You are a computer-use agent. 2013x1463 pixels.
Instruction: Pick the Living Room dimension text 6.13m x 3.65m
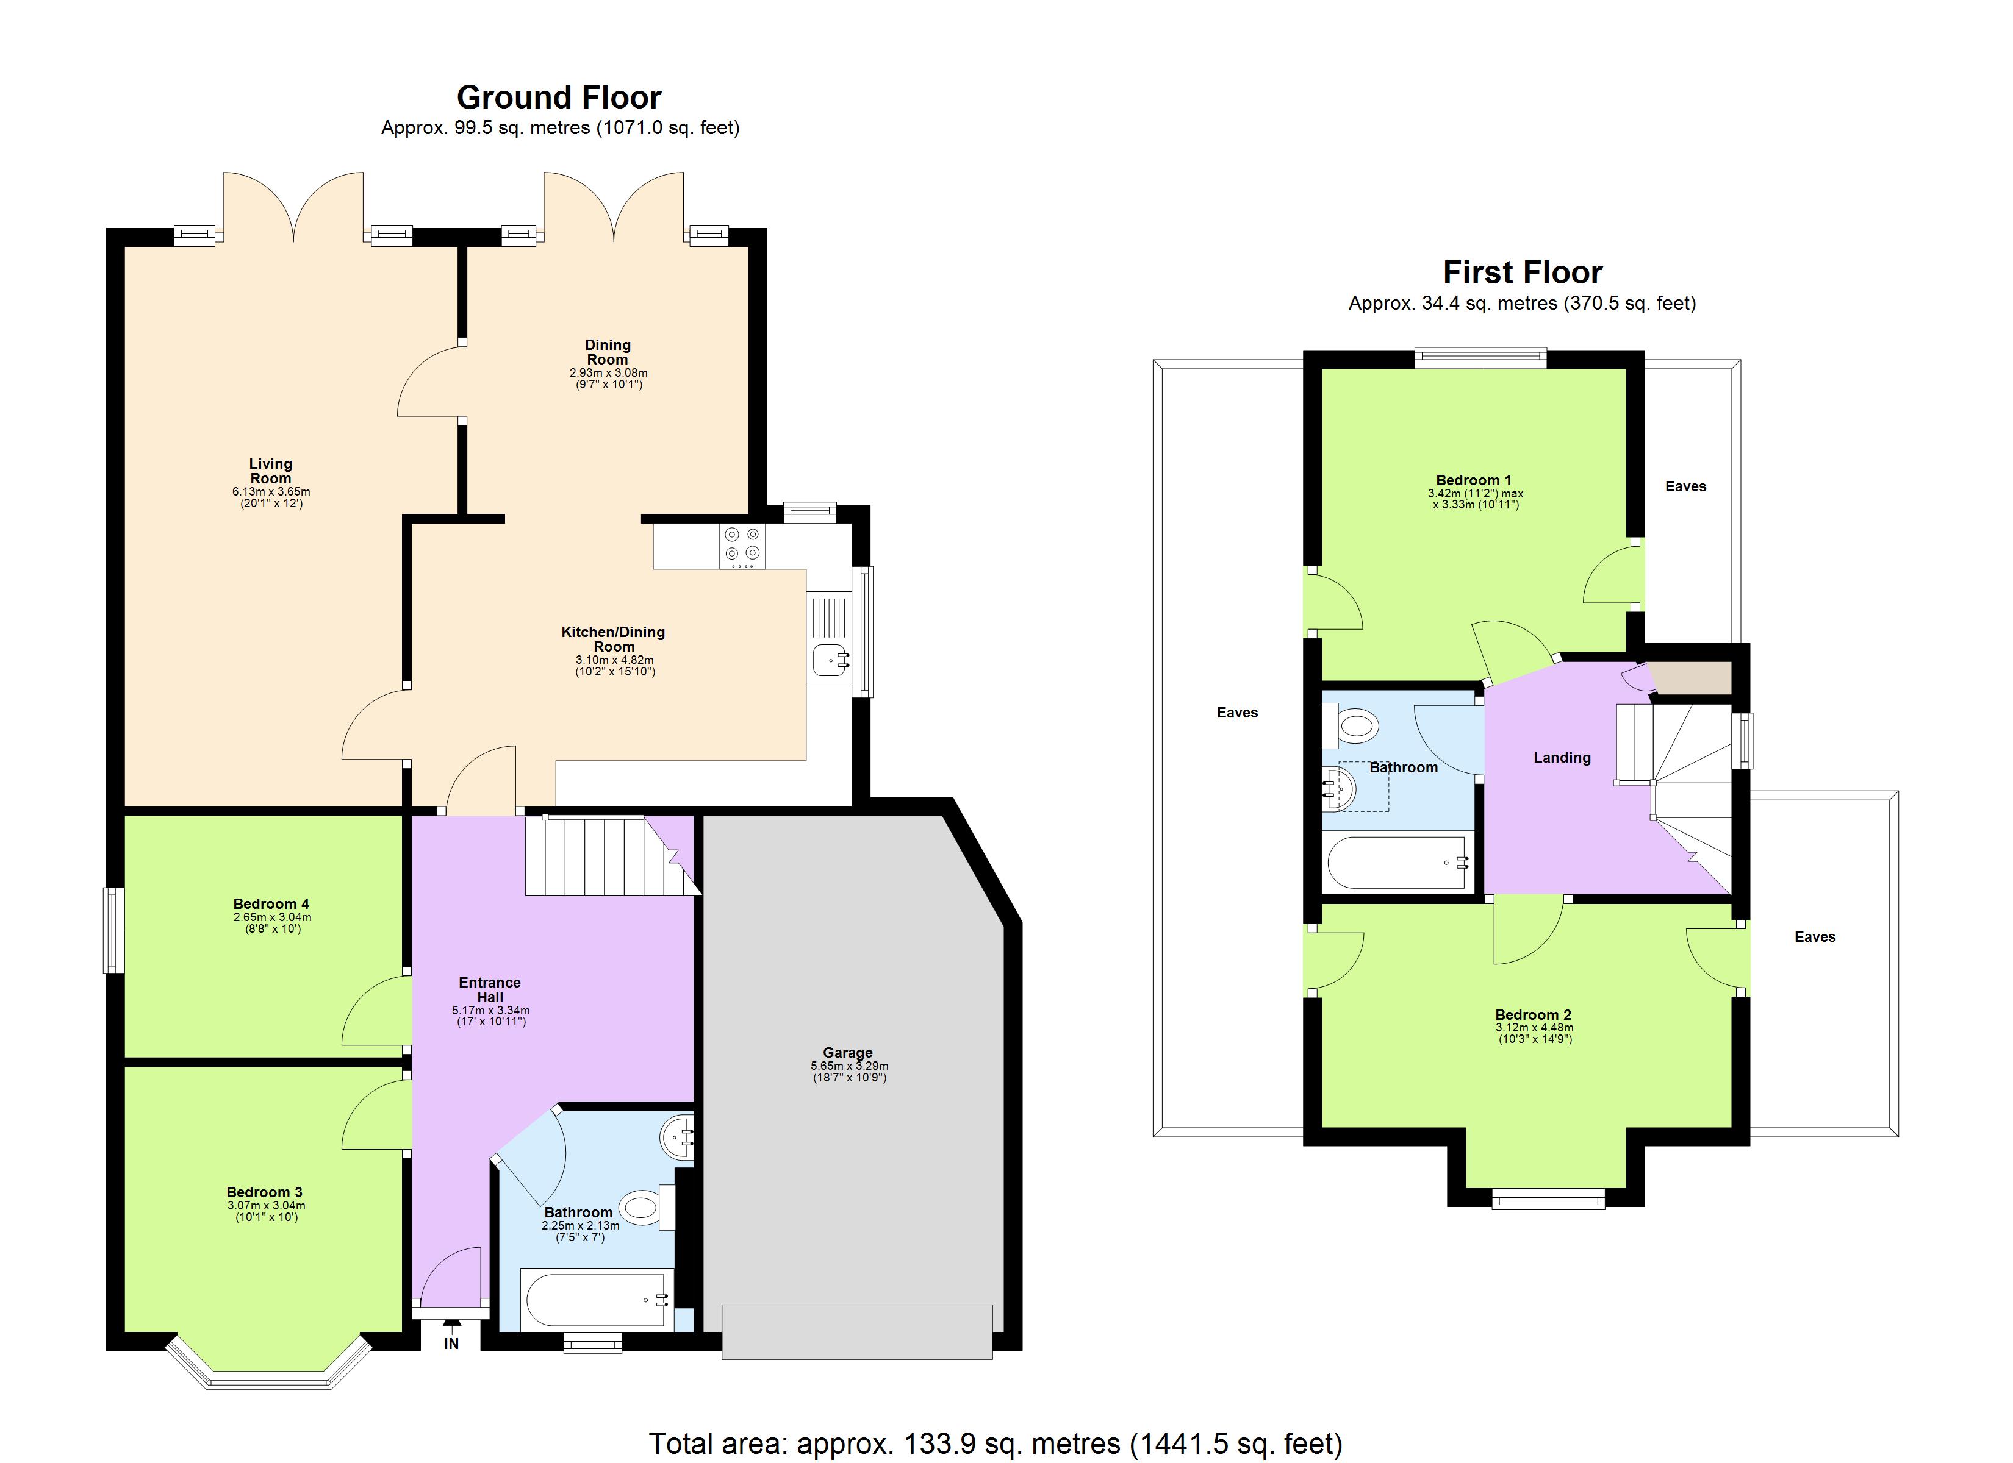271,491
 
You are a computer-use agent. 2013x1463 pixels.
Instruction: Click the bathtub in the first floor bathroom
1397,863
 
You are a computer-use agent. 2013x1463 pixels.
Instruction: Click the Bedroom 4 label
271,904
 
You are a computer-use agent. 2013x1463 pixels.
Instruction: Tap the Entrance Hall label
490,989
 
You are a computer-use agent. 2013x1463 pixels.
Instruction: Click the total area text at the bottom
995,1443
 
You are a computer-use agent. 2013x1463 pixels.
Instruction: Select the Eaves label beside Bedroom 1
1685,486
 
